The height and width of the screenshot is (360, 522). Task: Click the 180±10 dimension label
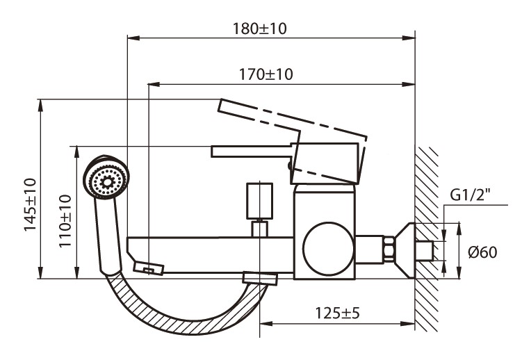click(261, 29)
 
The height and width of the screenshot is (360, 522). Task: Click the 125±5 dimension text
click(337, 313)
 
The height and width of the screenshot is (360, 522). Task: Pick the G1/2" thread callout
click(470, 195)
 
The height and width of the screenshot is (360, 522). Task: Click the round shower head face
click(106, 179)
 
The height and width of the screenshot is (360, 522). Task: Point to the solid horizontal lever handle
click(250, 151)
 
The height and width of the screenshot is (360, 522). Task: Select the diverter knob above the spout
click(260, 202)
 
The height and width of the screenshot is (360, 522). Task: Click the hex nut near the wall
click(388, 248)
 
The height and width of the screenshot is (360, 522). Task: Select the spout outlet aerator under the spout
click(147, 268)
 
